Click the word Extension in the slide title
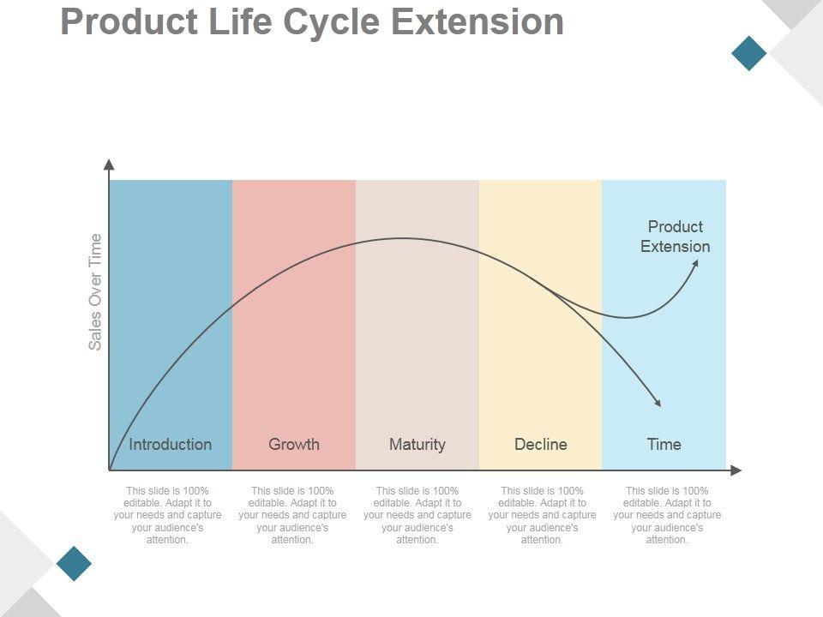click(x=477, y=22)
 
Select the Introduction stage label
click(x=170, y=444)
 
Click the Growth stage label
click(x=293, y=444)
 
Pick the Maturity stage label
click(x=417, y=444)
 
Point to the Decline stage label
click(x=540, y=444)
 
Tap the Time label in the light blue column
click(x=664, y=444)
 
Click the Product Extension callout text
click(x=676, y=237)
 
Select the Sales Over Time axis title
click(x=95, y=291)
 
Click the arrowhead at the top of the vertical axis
click(x=108, y=164)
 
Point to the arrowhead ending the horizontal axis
click(x=736, y=470)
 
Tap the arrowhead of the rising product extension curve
click(x=695, y=263)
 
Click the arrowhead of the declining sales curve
click(x=658, y=403)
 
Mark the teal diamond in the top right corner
click(x=749, y=52)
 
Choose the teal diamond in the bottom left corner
click(x=74, y=563)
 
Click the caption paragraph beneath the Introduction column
click(x=168, y=515)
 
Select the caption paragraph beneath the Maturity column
click(x=418, y=515)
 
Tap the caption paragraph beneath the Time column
click(x=667, y=515)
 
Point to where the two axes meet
click(x=109, y=470)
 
